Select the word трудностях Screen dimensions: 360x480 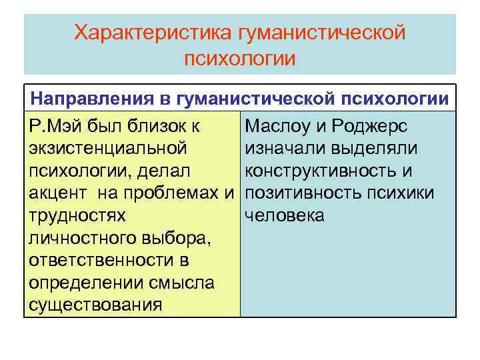click(x=77, y=215)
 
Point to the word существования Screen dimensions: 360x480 click(x=95, y=305)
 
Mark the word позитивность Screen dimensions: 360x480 click(x=307, y=193)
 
